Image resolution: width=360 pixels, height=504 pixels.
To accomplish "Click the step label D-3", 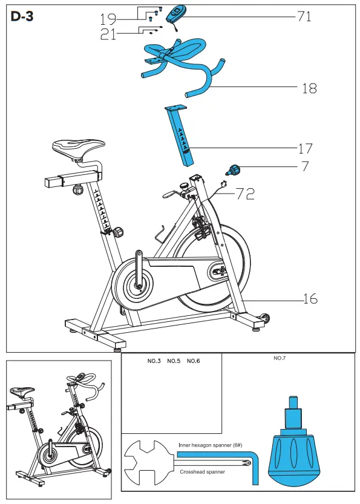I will (22, 16).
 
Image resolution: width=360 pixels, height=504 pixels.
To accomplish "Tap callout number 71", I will (304, 16).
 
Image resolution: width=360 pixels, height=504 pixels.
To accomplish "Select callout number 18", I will (309, 88).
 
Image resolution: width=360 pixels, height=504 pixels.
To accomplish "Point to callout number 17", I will (305, 148).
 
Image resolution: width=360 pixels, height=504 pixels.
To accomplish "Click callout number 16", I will (309, 299).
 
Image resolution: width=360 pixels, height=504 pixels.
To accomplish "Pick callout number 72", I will (245, 194).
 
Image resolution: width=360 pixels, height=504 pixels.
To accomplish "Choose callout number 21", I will (109, 35).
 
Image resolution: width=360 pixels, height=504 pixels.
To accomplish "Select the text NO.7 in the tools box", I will (280, 359).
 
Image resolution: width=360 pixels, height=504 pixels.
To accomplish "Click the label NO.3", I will (154, 361).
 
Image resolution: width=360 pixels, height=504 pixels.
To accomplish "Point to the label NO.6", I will (193, 361).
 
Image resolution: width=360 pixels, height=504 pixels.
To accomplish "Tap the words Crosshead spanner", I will (203, 471).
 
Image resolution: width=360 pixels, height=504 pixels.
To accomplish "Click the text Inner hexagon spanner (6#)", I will (210, 445).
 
